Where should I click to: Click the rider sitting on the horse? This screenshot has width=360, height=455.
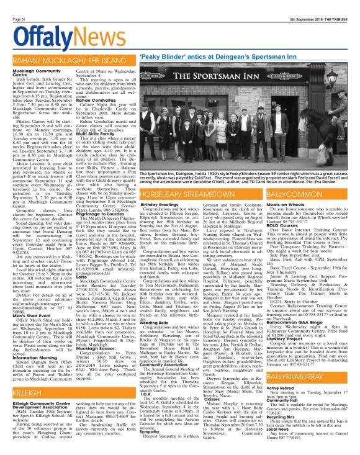tap(338, 118)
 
